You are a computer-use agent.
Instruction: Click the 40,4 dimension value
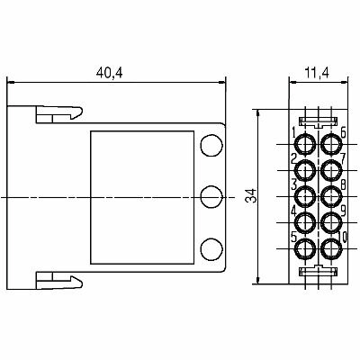click(109, 73)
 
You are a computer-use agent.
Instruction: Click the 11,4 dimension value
click(317, 73)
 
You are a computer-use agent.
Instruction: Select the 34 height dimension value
click(252, 195)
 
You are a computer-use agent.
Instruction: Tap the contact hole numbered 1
click(305, 144)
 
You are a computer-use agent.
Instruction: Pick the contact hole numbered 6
click(331, 144)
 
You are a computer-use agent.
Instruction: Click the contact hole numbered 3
click(305, 196)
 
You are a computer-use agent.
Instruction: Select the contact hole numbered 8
click(331, 196)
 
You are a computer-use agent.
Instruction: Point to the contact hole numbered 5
click(305, 248)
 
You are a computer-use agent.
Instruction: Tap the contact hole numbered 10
click(331, 248)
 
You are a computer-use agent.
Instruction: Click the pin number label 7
click(343, 158)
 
